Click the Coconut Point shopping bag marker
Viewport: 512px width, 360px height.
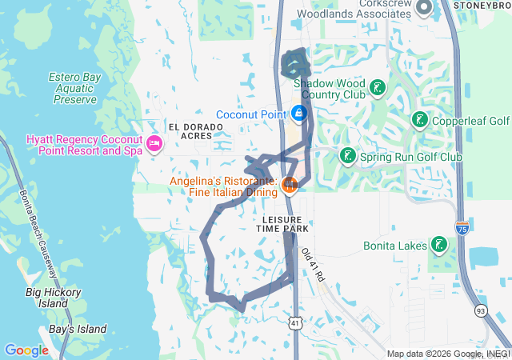[299, 114]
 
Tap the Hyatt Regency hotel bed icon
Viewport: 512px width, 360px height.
[154, 144]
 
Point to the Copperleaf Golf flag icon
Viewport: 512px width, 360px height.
[419, 121]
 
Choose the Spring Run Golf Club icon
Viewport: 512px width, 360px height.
[347, 156]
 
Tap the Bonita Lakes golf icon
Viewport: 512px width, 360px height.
[438, 244]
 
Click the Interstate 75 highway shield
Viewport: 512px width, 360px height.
[462, 228]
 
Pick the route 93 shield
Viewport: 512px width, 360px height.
[480, 310]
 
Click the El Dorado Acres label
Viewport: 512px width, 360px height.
[190, 131]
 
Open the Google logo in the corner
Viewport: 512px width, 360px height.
[26, 350]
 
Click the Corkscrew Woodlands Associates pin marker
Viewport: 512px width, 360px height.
[423, 8]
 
